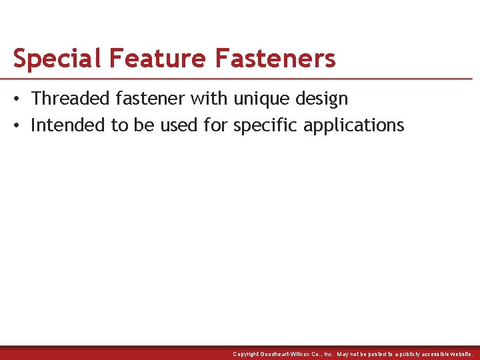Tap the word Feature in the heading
[x=157, y=59]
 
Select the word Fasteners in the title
[x=275, y=59]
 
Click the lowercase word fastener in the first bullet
[x=150, y=99]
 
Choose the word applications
[x=353, y=125]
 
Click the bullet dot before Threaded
[x=17, y=99]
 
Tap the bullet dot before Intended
[x=17, y=126]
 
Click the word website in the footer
[x=459, y=354]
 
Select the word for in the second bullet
[x=215, y=125]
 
